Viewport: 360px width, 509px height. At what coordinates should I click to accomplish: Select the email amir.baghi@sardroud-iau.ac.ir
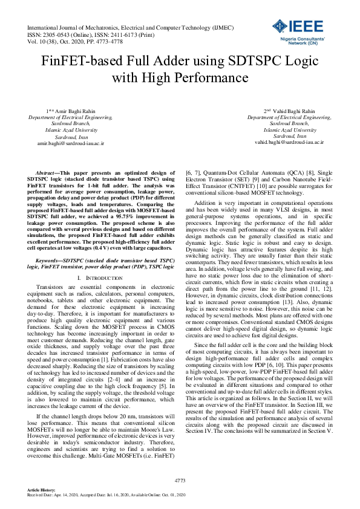click(71, 144)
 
